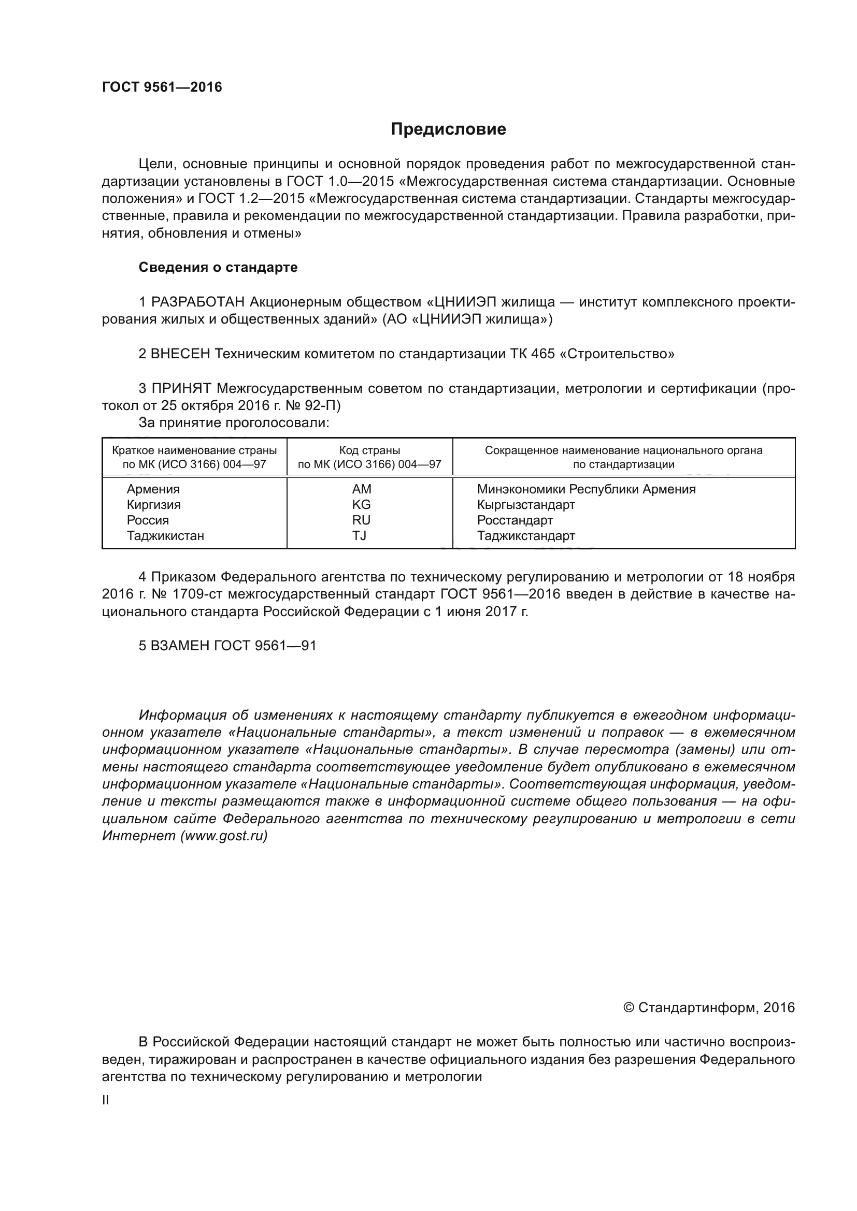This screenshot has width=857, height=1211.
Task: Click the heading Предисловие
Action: coord(448,129)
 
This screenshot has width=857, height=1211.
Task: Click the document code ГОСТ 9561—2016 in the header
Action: coord(162,87)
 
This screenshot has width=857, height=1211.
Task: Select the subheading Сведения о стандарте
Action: coord(218,267)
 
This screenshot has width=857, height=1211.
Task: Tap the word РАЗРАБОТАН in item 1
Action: coord(198,302)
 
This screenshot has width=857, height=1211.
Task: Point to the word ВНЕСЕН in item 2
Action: coord(180,354)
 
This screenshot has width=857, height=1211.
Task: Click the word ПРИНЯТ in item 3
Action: coord(181,389)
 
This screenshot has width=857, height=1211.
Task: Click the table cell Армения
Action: coord(153,489)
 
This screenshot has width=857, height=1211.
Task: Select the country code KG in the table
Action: coord(362,505)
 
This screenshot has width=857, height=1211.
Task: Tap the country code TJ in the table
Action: coord(360,536)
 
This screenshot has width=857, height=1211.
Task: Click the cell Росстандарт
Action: coord(515,520)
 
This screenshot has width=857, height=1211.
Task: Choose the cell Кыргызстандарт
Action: coord(525,505)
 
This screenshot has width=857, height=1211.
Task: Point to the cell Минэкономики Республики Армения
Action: coord(586,489)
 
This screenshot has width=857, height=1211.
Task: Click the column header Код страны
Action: coord(369,450)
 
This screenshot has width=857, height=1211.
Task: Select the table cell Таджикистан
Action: coord(165,536)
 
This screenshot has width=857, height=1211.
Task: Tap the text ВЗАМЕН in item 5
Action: coord(180,646)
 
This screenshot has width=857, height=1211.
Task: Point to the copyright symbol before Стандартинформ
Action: coord(628,1008)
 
